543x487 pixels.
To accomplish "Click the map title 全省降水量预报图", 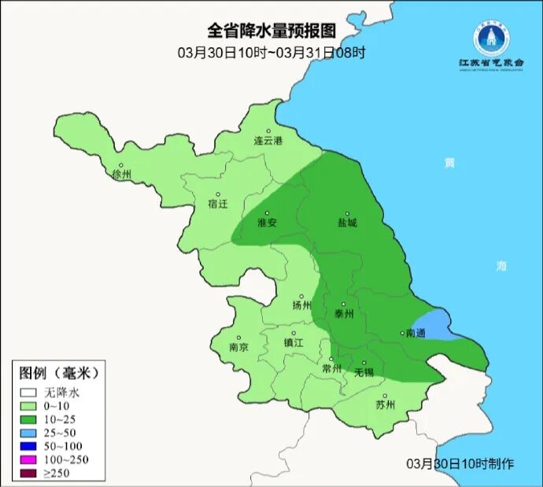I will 271,31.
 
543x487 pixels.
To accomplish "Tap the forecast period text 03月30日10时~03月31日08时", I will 271,53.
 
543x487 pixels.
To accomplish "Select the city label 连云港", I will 268,141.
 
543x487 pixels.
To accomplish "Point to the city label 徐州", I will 123,174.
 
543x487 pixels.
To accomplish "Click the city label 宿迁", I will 217,203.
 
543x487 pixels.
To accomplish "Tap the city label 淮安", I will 268,223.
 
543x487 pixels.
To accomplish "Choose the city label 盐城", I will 347,223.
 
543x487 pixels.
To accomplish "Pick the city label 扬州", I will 301,305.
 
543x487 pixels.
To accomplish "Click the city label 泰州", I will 345,313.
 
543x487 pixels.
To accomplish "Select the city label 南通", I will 415,333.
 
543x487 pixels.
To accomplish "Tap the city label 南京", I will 238,347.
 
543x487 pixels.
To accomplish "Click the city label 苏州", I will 385,405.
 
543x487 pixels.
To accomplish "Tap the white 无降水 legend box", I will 29,391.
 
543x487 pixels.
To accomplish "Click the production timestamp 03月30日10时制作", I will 460,463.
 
